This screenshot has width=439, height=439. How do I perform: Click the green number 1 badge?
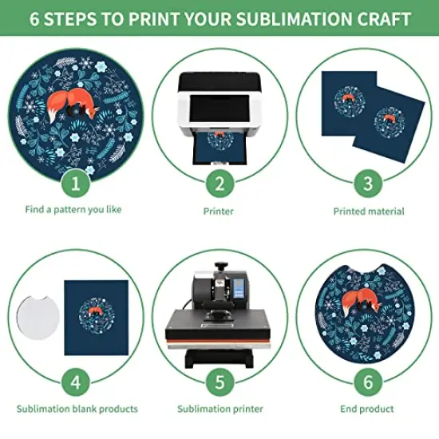75,184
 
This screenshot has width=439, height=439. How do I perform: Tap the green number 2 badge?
219,184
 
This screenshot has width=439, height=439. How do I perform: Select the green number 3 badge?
367,184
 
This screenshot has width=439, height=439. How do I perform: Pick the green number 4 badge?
75,382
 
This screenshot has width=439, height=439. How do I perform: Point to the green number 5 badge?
219,382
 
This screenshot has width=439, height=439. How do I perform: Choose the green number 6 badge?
367,382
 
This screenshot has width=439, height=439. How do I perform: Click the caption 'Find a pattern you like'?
75,212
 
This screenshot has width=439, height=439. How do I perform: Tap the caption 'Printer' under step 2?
219,212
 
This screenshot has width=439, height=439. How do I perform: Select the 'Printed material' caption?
368,212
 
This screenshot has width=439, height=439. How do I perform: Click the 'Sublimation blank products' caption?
75,409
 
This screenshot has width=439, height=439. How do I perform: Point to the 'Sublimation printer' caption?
219,409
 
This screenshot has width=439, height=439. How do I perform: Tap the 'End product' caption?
368,409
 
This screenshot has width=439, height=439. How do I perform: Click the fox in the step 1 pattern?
65,104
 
